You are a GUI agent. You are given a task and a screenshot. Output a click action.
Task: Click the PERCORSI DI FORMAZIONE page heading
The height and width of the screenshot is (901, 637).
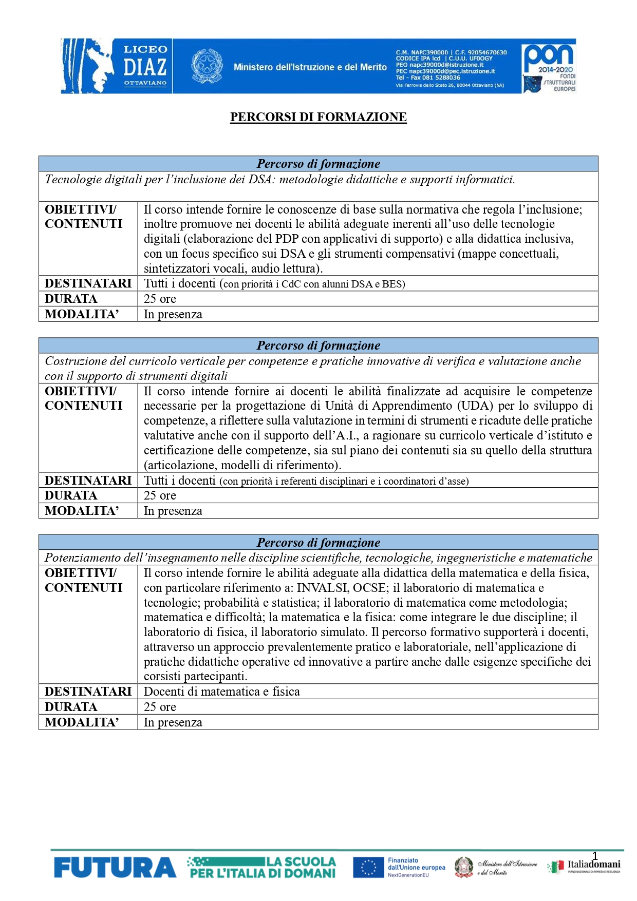pos(318,117)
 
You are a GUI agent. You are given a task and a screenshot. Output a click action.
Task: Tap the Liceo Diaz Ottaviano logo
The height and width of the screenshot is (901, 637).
pos(116,66)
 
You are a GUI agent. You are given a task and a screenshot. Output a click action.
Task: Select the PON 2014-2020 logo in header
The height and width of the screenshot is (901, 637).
pos(549,66)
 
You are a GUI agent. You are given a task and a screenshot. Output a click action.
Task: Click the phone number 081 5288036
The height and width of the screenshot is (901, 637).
pos(435,78)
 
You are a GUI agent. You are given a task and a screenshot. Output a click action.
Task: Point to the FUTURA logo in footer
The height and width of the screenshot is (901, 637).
pos(115,868)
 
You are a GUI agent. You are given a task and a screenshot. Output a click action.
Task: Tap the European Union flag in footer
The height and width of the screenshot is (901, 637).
pos(368,868)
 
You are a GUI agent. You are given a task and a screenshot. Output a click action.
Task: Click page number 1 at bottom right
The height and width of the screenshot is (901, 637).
pos(595,856)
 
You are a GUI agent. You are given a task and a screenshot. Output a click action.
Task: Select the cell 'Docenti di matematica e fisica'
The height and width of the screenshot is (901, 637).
pos(222,692)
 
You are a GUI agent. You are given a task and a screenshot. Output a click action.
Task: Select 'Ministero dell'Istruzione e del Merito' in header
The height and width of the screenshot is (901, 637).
pos(310,67)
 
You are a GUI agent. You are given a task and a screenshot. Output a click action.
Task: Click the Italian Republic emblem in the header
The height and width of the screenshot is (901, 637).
pos(207,66)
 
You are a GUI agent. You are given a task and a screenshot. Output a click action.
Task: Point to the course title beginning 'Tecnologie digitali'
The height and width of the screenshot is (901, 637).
pos(280,180)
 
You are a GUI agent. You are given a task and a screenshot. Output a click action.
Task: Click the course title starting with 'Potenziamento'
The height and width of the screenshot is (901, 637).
pos(318,558)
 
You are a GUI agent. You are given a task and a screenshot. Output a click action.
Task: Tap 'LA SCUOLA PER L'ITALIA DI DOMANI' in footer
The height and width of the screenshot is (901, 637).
pos(263,868)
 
